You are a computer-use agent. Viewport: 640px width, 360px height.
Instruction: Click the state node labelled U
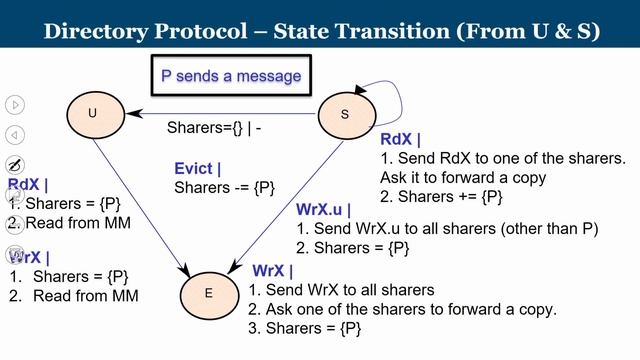(x=93, y=113)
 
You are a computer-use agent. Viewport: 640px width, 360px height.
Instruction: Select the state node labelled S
(x=345, y=114)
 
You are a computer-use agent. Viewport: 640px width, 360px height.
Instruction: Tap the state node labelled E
(x=208, y=293)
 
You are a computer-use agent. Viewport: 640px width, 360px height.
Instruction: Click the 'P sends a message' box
(x=231, y=75)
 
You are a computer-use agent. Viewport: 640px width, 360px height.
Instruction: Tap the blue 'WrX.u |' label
(x=325, y=210)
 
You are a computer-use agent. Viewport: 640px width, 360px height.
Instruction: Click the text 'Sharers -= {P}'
(x=224, y=188)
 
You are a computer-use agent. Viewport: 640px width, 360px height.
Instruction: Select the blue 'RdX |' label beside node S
(x=401, y=139)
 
